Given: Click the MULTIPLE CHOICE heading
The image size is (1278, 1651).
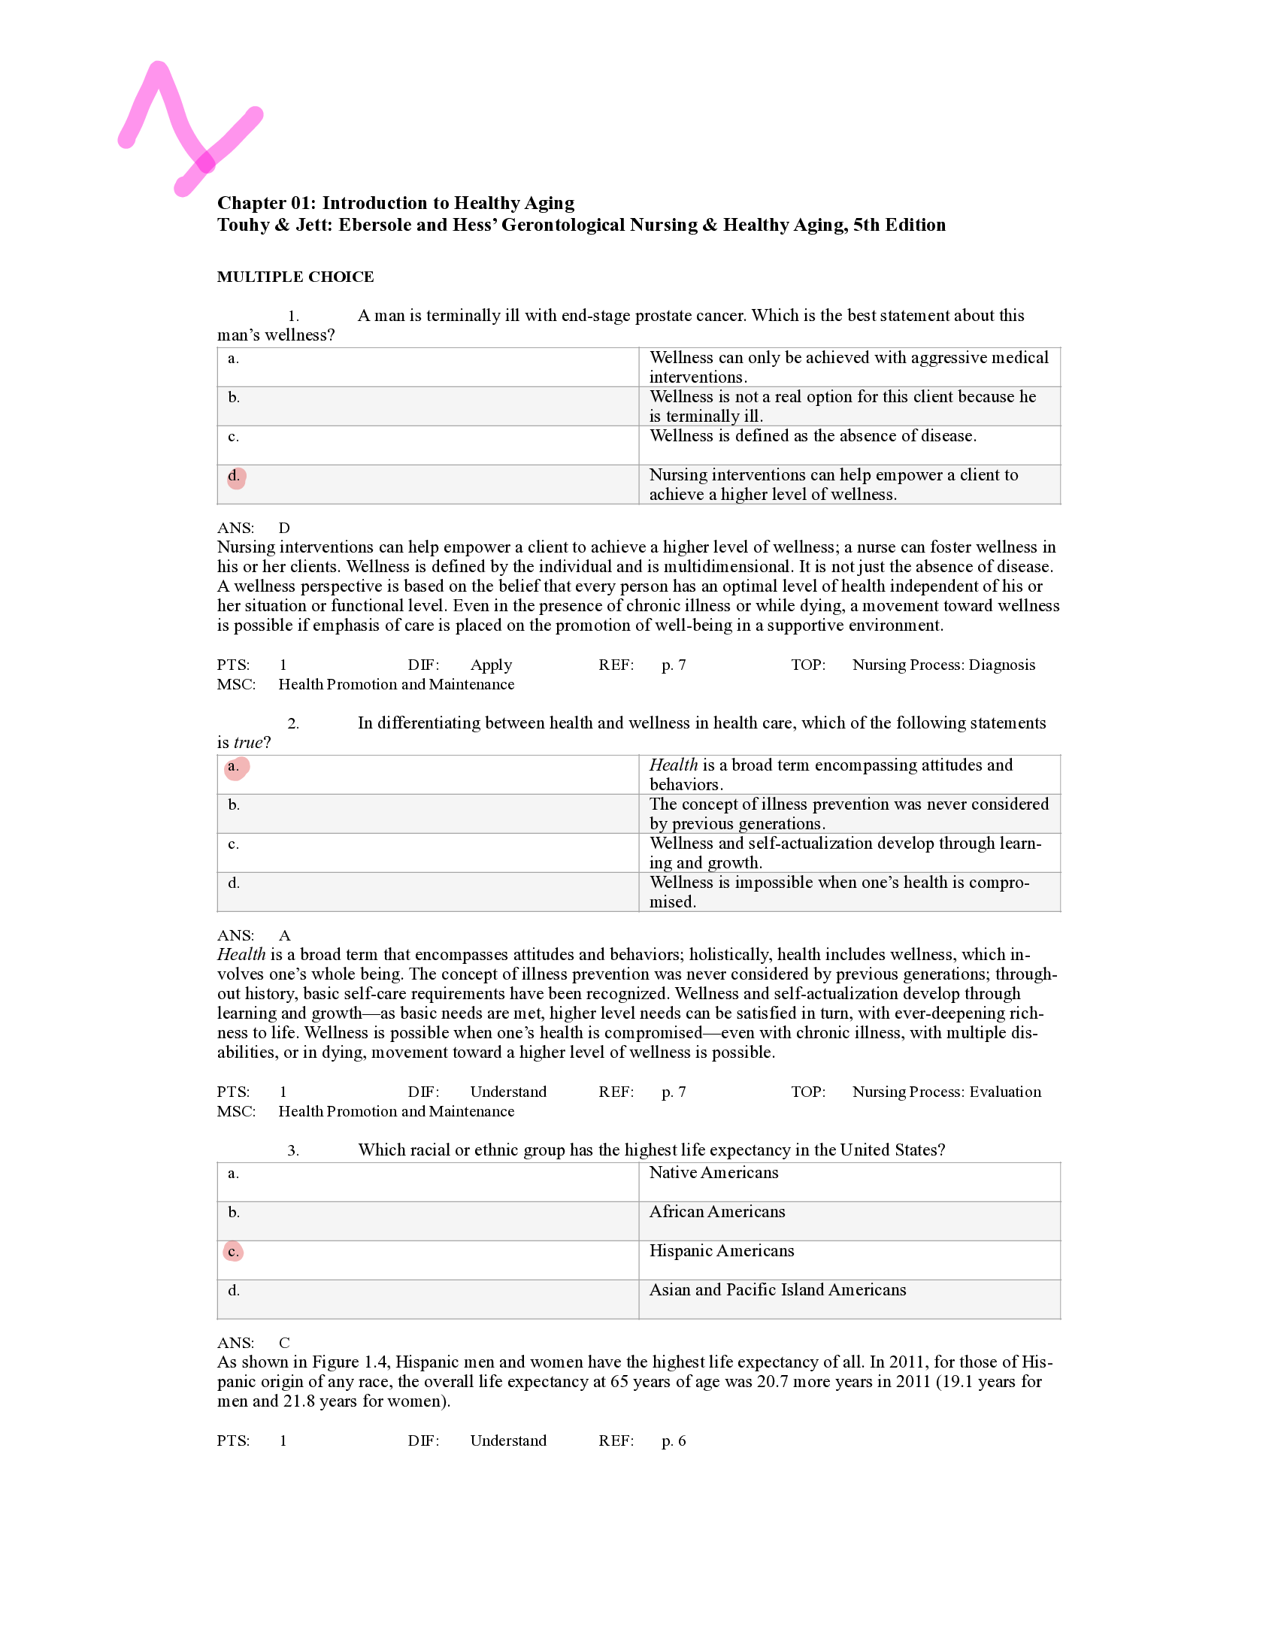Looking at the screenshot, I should point(295,277).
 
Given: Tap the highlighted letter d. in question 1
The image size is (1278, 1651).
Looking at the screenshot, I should point(235,477).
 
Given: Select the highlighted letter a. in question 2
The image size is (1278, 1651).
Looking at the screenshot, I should point(235,768).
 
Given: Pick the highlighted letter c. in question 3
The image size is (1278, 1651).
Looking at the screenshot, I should point(234,1252).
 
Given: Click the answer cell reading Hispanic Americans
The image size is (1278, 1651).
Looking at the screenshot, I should point(721,1251).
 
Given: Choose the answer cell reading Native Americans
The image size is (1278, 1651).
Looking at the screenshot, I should point(713,1173).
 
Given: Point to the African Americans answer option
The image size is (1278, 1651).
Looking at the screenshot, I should point(716,1212).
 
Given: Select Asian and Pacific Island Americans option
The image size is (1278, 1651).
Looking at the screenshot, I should point(777,1290).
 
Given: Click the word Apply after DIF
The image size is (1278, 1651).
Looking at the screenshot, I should point(490,665).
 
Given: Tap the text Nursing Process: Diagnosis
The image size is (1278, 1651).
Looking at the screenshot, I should point(943,665).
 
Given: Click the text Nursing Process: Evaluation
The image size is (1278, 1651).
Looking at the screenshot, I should point(946,1092).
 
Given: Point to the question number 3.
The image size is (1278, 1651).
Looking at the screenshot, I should point(293,1151).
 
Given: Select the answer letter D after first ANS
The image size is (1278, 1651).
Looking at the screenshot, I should point(284,529).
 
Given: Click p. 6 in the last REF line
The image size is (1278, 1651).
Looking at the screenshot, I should point(674,1440).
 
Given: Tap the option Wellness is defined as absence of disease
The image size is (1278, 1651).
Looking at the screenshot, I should point(813,436).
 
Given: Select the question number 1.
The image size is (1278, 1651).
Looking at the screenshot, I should point(293,317).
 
